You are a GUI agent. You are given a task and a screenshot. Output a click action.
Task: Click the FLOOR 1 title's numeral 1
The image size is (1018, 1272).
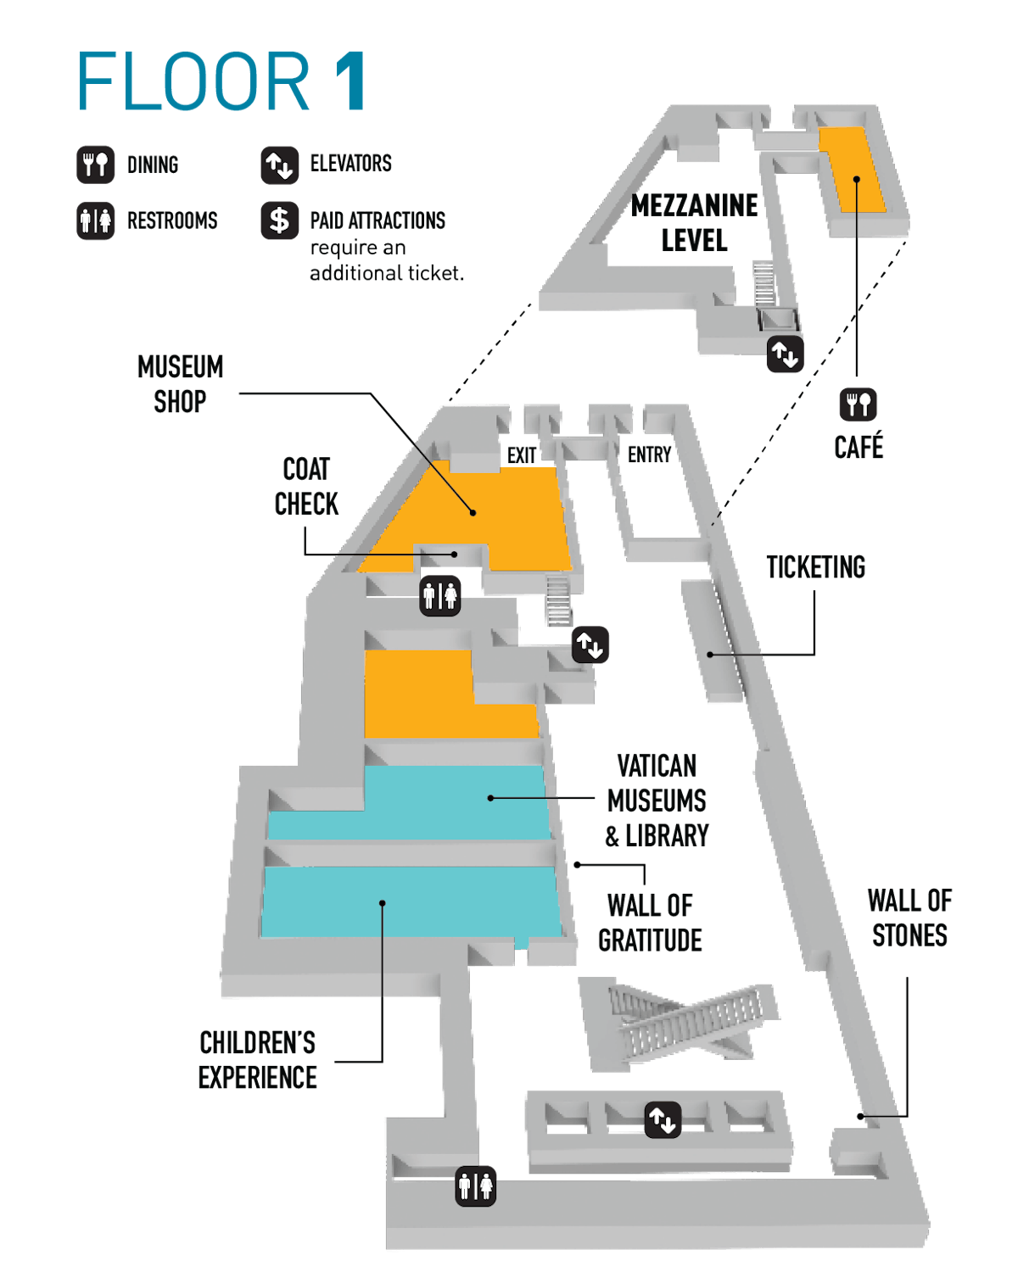[350, 81]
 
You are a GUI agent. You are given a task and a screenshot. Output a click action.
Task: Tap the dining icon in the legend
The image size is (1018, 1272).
[96, 165]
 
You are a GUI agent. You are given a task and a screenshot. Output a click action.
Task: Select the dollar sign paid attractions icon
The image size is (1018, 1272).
[279, 220]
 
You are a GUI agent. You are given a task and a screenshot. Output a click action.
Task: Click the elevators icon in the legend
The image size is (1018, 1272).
[279, 165]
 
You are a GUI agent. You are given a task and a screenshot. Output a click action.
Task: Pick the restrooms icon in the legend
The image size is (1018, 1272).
[96, 220]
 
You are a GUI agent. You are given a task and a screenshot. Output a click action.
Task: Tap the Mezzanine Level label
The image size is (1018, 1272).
[695, 223]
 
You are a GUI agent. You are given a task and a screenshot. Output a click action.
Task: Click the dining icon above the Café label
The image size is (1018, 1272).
[858, 404]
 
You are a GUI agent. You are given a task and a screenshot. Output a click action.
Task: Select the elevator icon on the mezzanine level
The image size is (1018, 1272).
[785, 354]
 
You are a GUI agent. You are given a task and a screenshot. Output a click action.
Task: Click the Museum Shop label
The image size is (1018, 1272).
[180, 384]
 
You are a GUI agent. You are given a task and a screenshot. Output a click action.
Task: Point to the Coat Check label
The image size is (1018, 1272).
[306, 487]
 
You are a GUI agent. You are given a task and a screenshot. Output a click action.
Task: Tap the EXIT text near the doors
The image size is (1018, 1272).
[522, 456]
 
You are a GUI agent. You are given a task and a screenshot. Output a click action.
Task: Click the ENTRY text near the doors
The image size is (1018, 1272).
[650, 455]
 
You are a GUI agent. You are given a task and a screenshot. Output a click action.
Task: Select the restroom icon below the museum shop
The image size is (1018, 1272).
[440, 595]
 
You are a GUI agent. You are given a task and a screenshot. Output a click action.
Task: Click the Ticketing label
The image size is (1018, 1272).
[815, 567]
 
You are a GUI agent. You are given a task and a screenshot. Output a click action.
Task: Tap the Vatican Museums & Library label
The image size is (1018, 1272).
[657, 801]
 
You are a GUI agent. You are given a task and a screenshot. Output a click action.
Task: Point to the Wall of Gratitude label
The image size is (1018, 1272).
[650, 923]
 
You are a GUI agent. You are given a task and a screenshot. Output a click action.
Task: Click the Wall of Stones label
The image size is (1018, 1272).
[909, 918]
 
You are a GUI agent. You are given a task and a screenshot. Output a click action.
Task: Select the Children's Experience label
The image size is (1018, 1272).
[258, 1060]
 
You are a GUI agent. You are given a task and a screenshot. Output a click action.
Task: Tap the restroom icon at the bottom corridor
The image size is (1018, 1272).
[475, 1185]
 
